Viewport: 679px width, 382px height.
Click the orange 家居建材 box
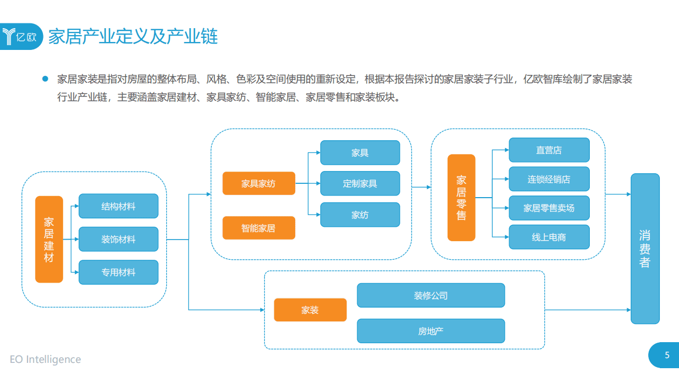(49, 239)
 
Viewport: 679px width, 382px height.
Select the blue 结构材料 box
(118, 206)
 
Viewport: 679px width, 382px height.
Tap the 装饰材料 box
(118, 239)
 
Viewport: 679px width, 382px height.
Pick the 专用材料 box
(118, 272)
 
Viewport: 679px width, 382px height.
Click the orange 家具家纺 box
(259, 183)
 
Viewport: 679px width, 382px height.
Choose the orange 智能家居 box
(259, 228)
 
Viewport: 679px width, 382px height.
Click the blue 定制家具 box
(360, 183)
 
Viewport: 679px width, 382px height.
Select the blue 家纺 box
(360, 215)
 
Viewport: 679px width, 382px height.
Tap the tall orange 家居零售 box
(461, 197)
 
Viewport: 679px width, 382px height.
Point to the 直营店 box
(549, 150)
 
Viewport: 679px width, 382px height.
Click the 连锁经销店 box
(549, 179)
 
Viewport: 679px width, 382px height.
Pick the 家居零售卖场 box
(549, 208)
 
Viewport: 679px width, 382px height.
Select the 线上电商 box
(549, 237)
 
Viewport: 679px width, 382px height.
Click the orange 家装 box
(310, 310)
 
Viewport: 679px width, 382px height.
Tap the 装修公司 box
(431, 295)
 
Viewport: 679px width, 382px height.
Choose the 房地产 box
(431, 331)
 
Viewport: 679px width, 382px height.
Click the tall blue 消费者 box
(645, 249)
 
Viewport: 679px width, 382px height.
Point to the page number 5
(667, 355)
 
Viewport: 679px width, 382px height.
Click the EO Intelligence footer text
(46, 359)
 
